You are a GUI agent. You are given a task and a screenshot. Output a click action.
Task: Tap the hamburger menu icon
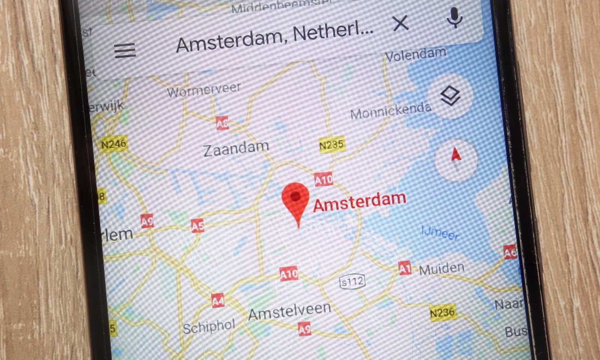[125, 50]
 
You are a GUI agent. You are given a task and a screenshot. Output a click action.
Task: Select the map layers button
[451, 97]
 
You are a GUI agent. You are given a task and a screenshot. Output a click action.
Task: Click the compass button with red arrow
[457, 157]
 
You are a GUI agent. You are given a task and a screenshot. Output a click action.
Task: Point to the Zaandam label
[236, 148]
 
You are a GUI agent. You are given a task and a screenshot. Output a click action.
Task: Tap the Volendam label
[416, 54]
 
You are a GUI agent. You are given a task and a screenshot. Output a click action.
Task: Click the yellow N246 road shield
[113, 143]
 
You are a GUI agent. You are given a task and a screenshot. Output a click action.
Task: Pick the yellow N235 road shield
[331, 144]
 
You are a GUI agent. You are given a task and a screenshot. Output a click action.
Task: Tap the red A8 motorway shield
[223, 123]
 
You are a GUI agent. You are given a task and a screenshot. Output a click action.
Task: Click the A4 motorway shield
[218, 300]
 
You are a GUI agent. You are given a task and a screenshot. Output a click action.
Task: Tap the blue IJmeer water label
[440, 233]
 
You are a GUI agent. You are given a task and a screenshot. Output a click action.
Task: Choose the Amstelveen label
[289, 310]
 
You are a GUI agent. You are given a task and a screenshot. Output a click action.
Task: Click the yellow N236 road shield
[442, 312]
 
